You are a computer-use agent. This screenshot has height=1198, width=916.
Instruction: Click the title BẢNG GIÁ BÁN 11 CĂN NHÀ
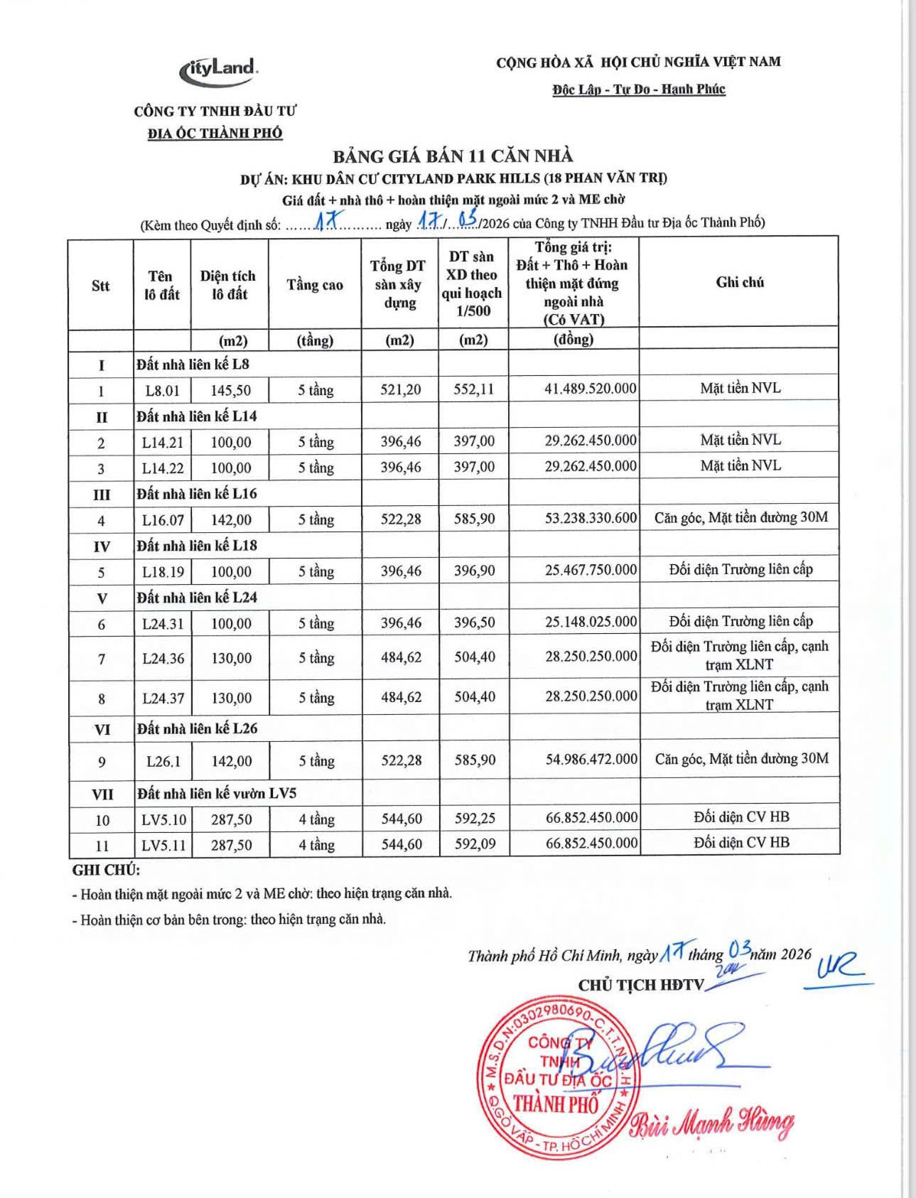[453, 156]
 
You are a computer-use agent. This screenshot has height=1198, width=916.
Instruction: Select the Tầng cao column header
[315, 285]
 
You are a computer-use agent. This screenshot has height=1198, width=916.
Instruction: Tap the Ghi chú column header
[740, 282]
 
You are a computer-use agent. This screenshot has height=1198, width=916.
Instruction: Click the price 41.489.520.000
[591, 389]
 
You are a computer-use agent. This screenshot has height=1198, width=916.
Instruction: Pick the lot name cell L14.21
[163, 442]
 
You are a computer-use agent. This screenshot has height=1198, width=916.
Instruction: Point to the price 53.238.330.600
[591, 518]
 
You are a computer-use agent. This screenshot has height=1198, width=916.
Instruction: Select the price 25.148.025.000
[591, 622]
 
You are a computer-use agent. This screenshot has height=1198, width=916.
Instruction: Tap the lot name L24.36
[163, 658]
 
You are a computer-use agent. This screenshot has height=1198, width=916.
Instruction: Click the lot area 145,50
[230, 390]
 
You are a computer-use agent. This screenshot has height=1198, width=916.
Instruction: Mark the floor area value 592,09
[475, 844]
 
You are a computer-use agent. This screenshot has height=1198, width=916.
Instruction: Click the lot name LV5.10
[163, 819]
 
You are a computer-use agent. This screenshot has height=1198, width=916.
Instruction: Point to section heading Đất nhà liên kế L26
[197, 728]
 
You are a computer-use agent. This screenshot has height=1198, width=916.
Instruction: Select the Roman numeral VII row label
[102, 794]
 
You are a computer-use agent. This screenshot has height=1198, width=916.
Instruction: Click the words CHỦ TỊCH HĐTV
[640, 985]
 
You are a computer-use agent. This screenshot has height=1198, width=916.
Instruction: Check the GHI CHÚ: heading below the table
[106, 870]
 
